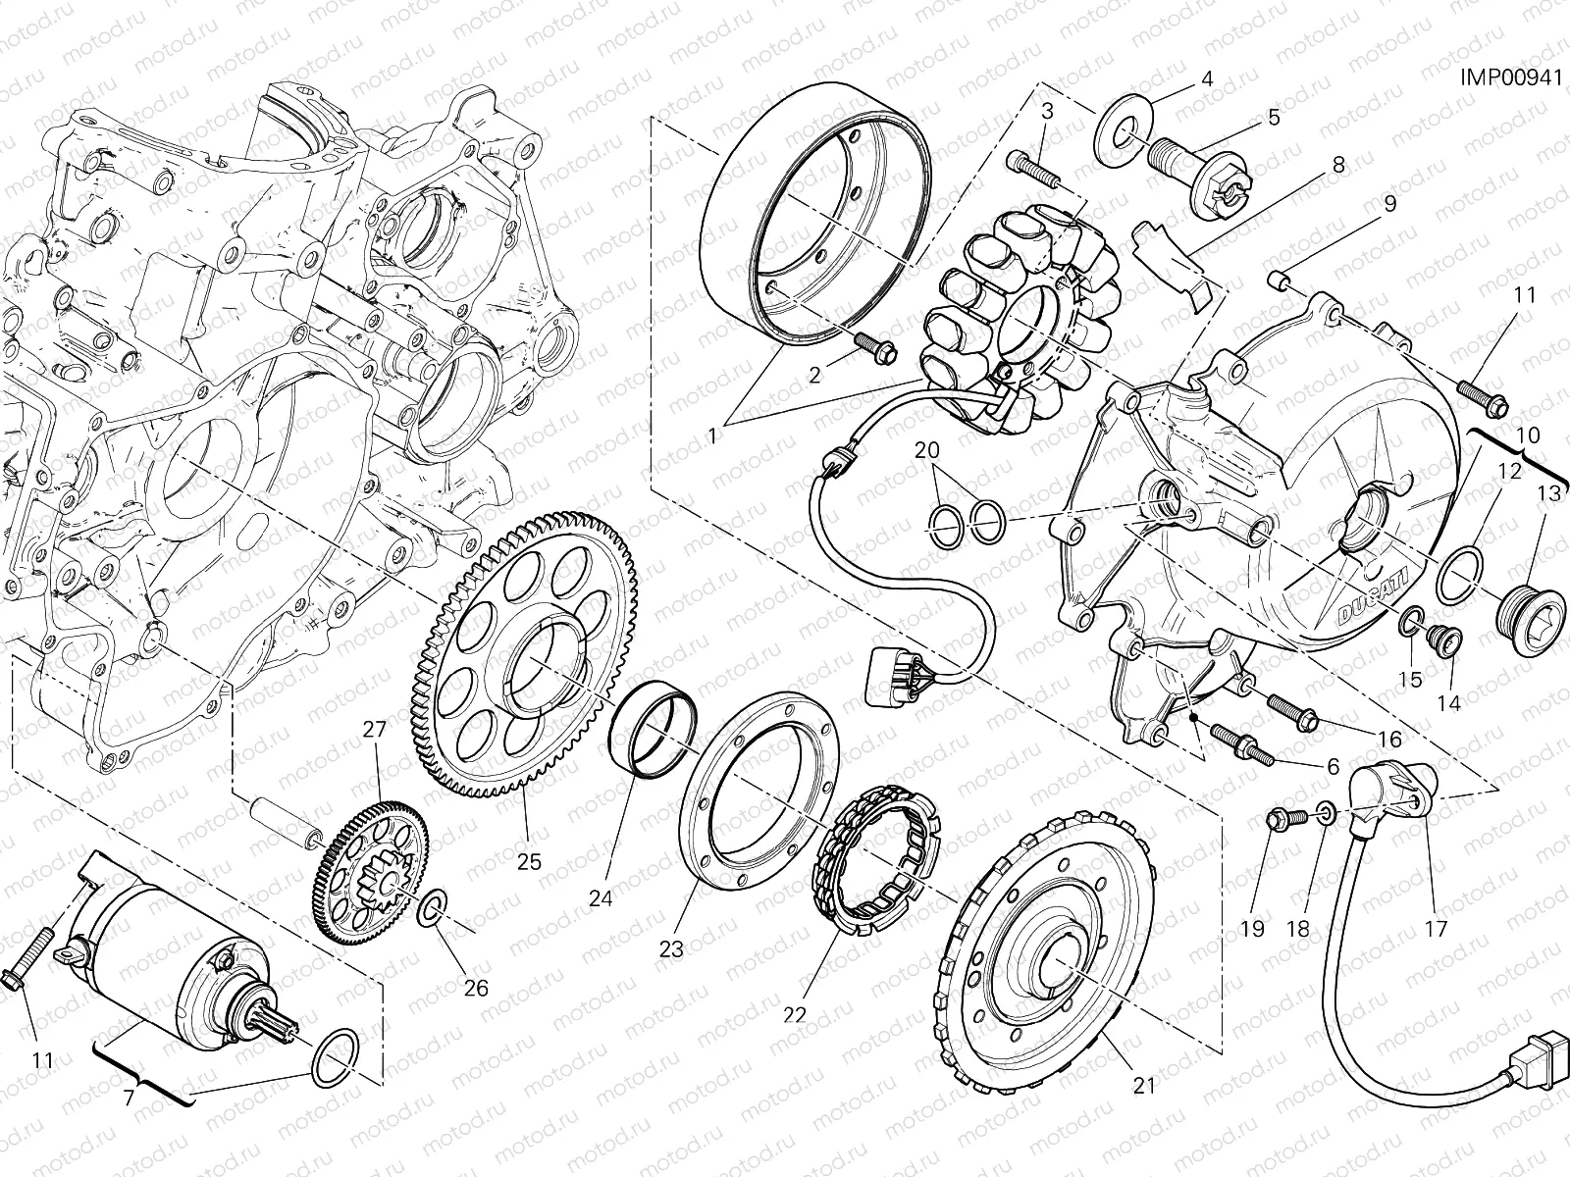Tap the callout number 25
click(529, 861)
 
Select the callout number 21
click(1144, 1085)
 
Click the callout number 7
click(129, 1097)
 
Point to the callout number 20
click(927, 451)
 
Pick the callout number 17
click(1435, 928)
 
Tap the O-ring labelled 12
click(1459, 577)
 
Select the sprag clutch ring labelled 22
click(874, 866)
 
